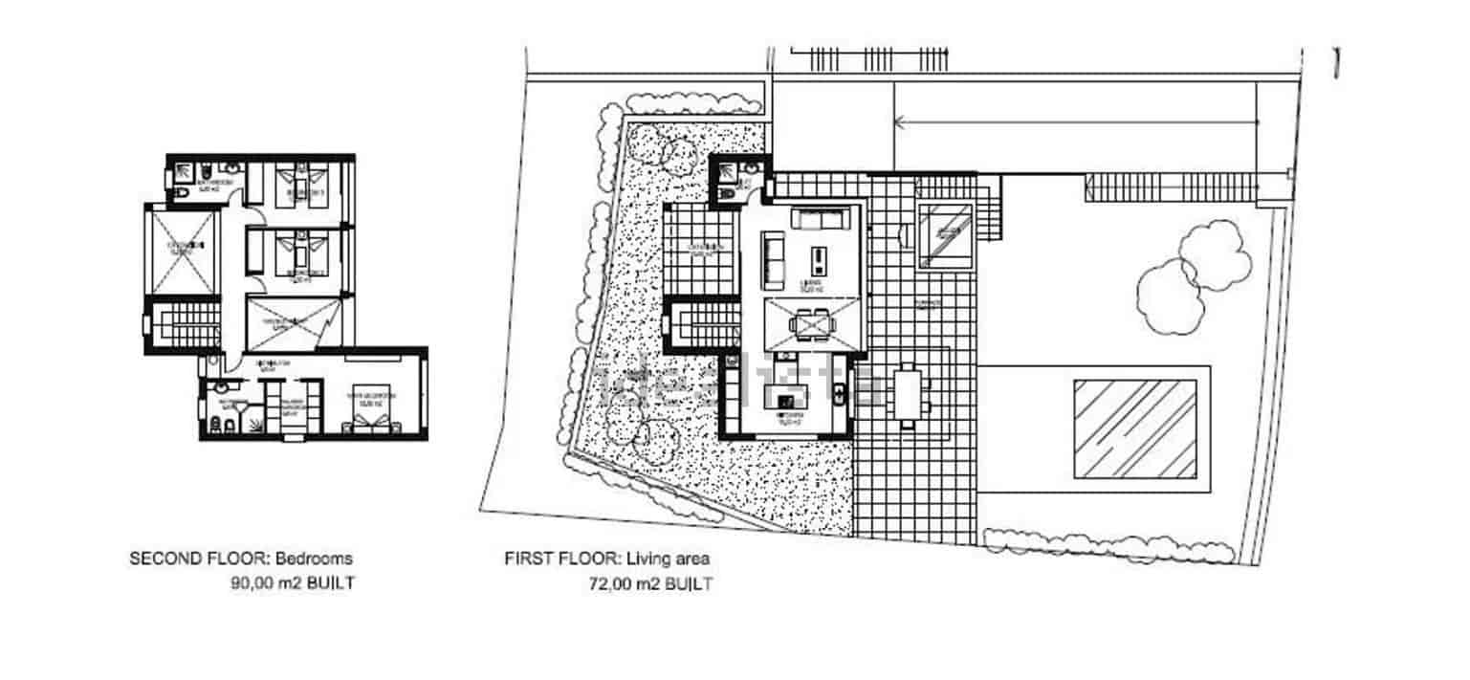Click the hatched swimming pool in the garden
point(1135,428)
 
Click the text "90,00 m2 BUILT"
point(293,582)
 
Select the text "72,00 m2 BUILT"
point(650,583)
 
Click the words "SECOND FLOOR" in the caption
point(187,559)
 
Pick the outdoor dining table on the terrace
point(910,395)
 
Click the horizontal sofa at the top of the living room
point(819,220)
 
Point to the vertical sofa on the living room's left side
point(773,262)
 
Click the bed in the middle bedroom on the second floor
point(300,252)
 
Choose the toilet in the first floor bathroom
point(728,194)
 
